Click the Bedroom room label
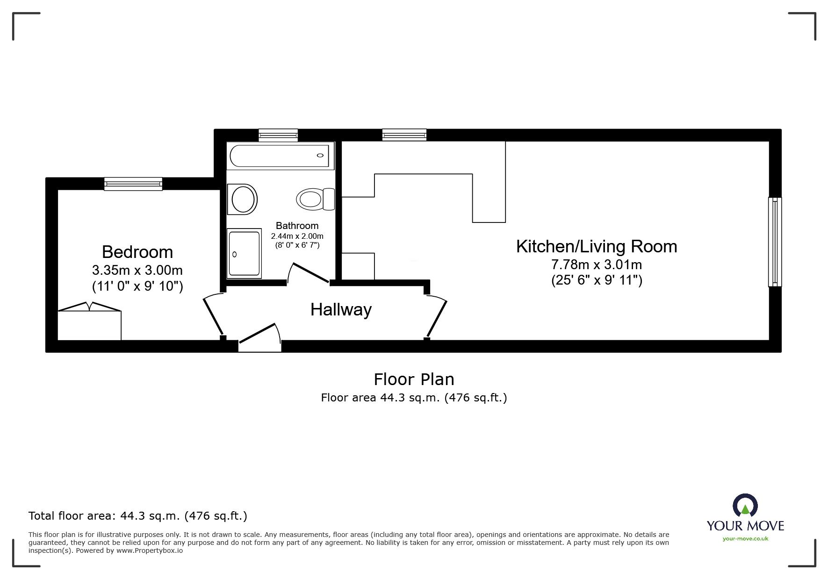point(137,252)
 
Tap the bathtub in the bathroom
point(280,156)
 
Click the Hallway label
point(341,309)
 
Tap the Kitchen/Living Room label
point(596,246)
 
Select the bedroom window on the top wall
point(133,184)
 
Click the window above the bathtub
point(278,135)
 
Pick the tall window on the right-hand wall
point(775,242)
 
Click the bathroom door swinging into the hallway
point(309,272)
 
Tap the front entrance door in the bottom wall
point(259,335)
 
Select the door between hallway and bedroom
point(213,315)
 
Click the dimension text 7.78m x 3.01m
point(596,264)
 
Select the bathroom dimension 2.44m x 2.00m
point(297,236)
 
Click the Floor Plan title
point(414,379)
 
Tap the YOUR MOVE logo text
point(745,525)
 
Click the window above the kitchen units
point(404,135)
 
